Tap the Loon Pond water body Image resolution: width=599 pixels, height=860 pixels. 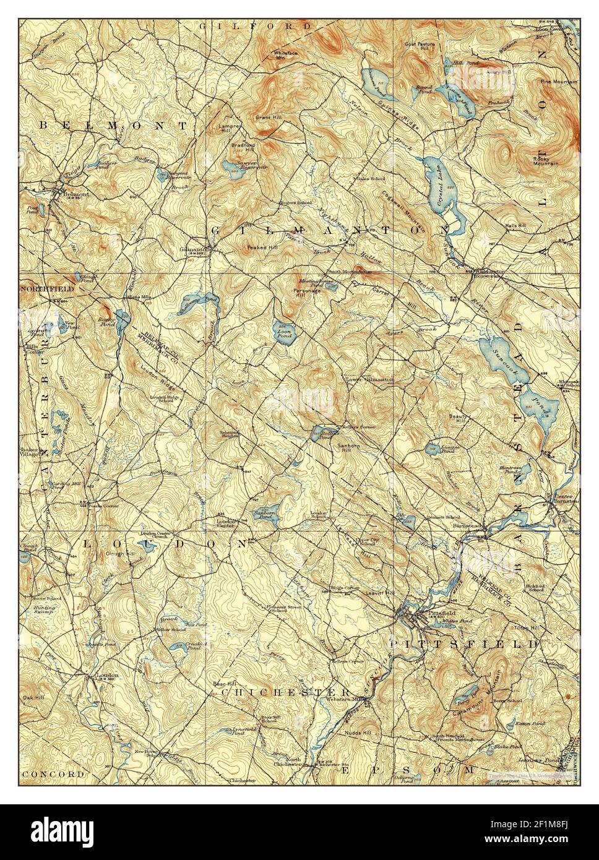pyautogui.click(x=284, y=330)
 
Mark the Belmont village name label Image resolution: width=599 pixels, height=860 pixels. pyautogui.click(x=74, y=193)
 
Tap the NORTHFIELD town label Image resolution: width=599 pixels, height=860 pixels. pyautogui.click(x=46, y=289)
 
